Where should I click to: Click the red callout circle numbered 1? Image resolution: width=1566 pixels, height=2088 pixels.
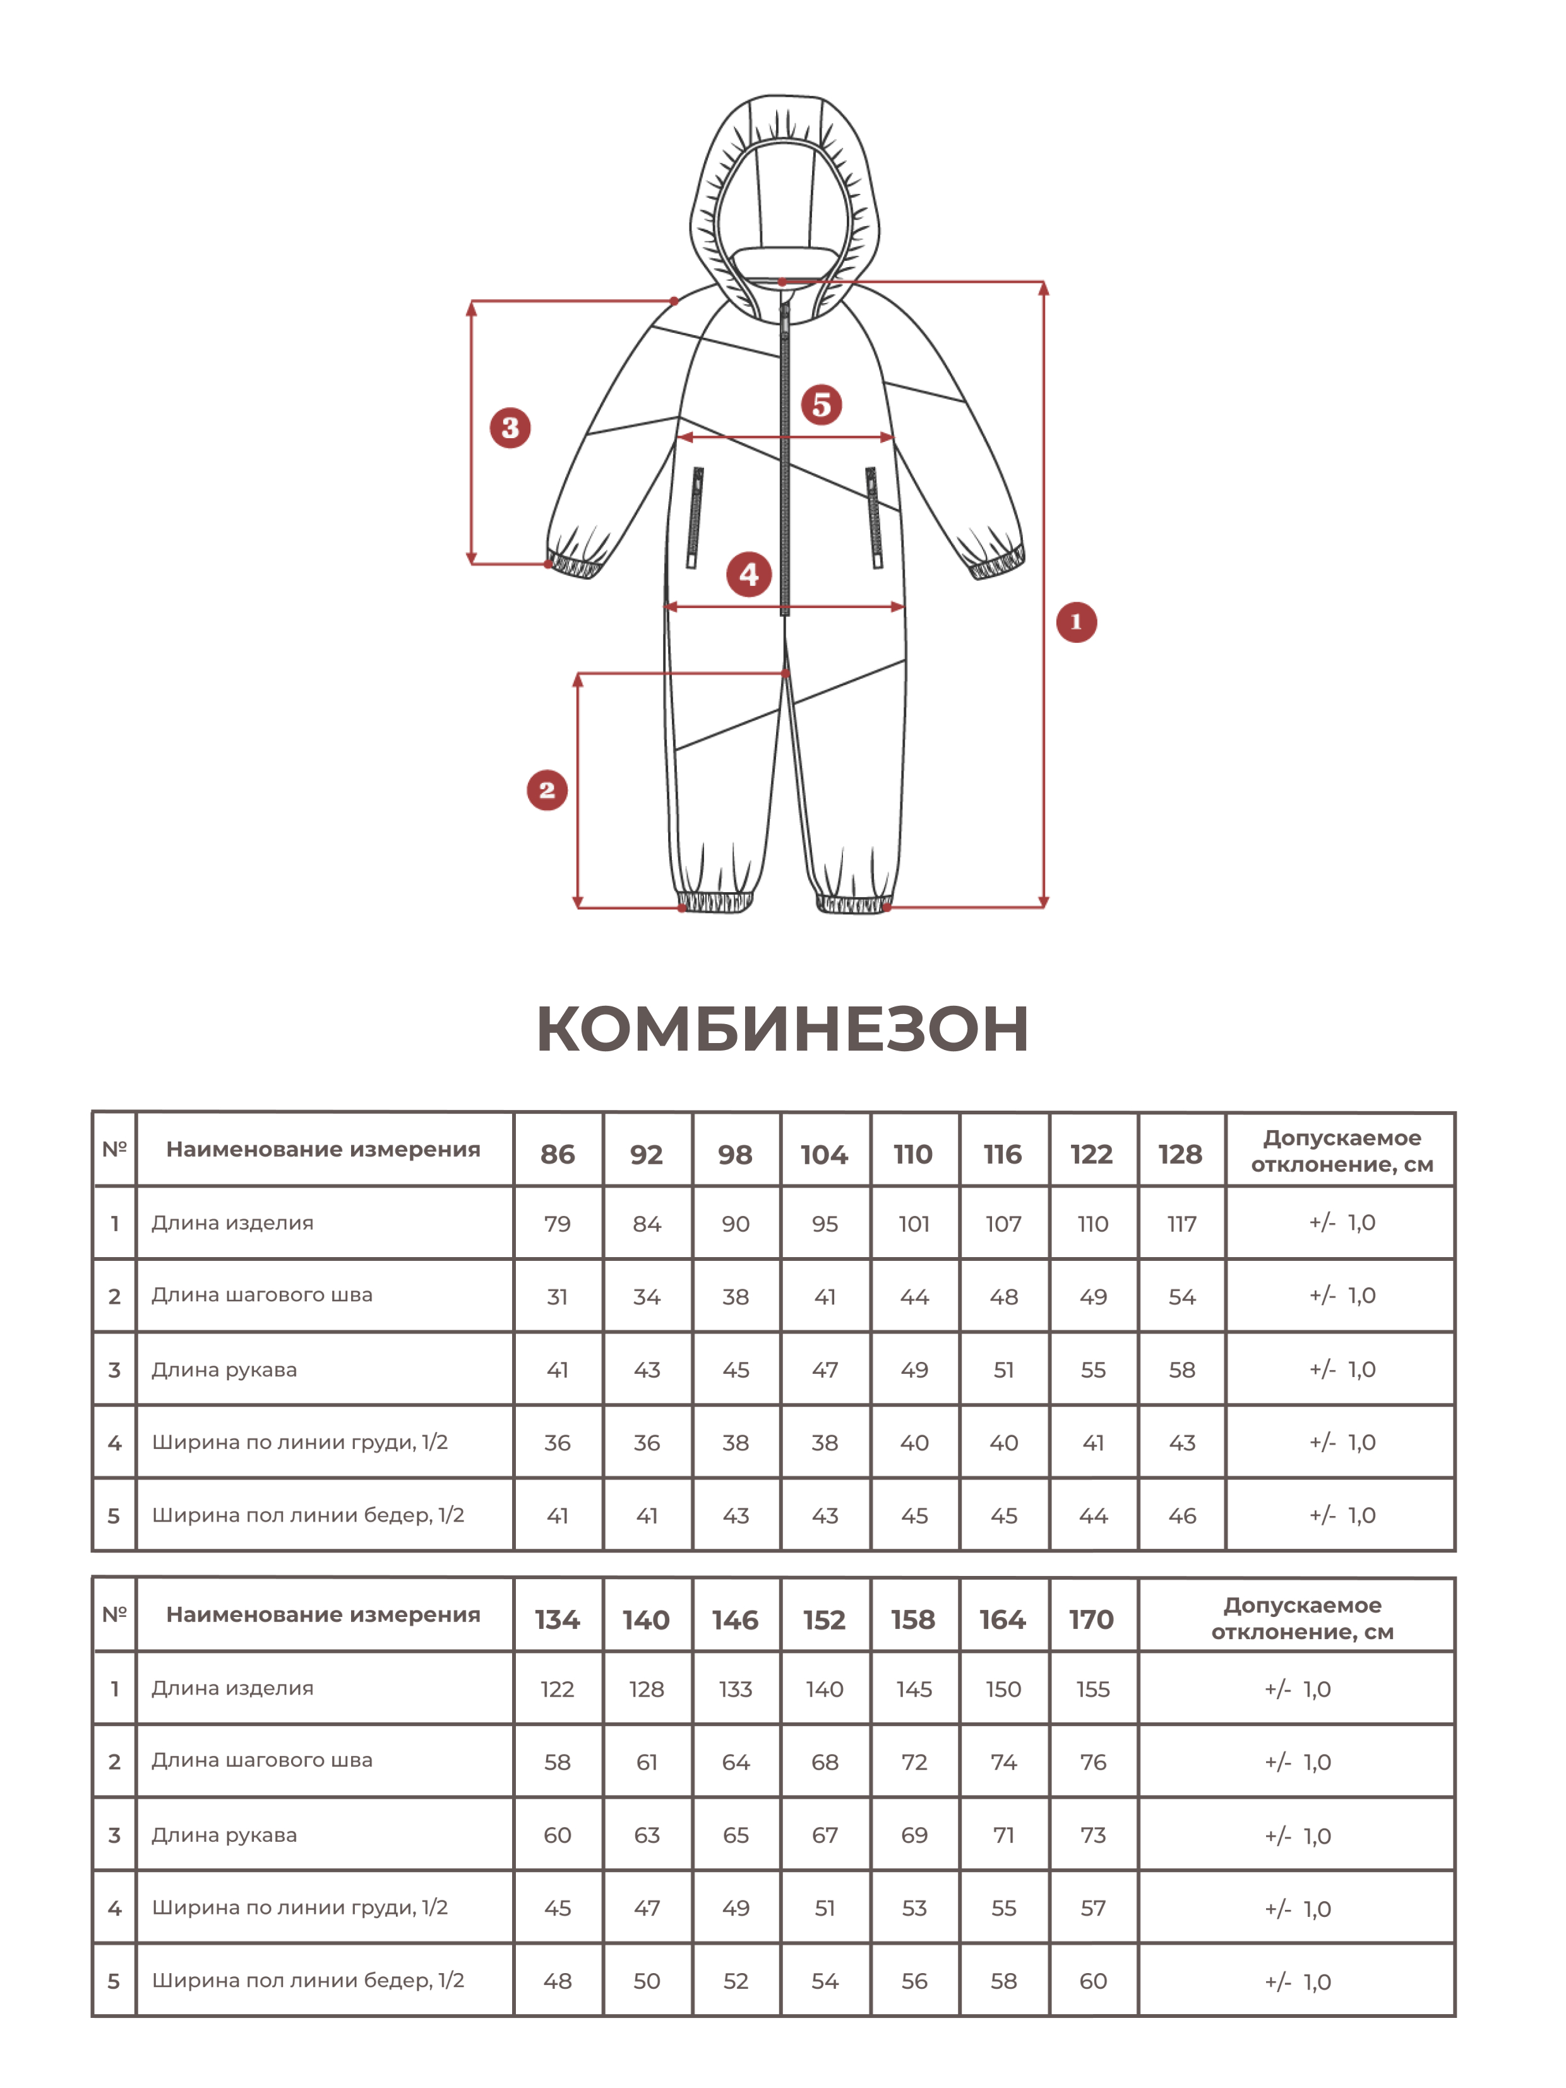coord(1076,622)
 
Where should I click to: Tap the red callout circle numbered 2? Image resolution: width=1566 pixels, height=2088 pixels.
coord(547,790)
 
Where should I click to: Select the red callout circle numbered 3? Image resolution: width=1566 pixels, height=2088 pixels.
coord(510,427)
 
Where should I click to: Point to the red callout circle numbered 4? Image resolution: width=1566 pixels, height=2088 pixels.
coord(748,574)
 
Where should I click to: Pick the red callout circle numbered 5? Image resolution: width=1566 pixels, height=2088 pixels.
coord(822,404)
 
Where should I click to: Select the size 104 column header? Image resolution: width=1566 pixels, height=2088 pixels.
coord(824,1154)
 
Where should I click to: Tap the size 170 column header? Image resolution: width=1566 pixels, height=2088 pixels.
coord(1091,1620)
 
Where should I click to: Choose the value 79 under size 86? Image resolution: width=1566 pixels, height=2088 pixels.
coord(557,1224)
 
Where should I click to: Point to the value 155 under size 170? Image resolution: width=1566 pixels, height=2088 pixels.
coord(1092,1690)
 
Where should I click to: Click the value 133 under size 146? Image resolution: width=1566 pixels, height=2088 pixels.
coord(736,1690)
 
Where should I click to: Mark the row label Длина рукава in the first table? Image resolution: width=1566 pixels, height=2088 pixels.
coord(225,1369)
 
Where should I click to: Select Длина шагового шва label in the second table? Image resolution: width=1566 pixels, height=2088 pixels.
coord(263,1760)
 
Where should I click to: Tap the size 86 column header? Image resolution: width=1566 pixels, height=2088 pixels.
coord(557,1154)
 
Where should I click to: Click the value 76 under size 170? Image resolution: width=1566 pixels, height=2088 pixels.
coord(1092,1762)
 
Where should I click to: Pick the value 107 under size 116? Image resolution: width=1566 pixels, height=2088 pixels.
coord(1003,1224)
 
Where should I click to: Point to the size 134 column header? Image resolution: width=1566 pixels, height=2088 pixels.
coord(557,1620)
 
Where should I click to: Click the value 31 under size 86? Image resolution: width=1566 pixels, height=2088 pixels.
coord(557,1297)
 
